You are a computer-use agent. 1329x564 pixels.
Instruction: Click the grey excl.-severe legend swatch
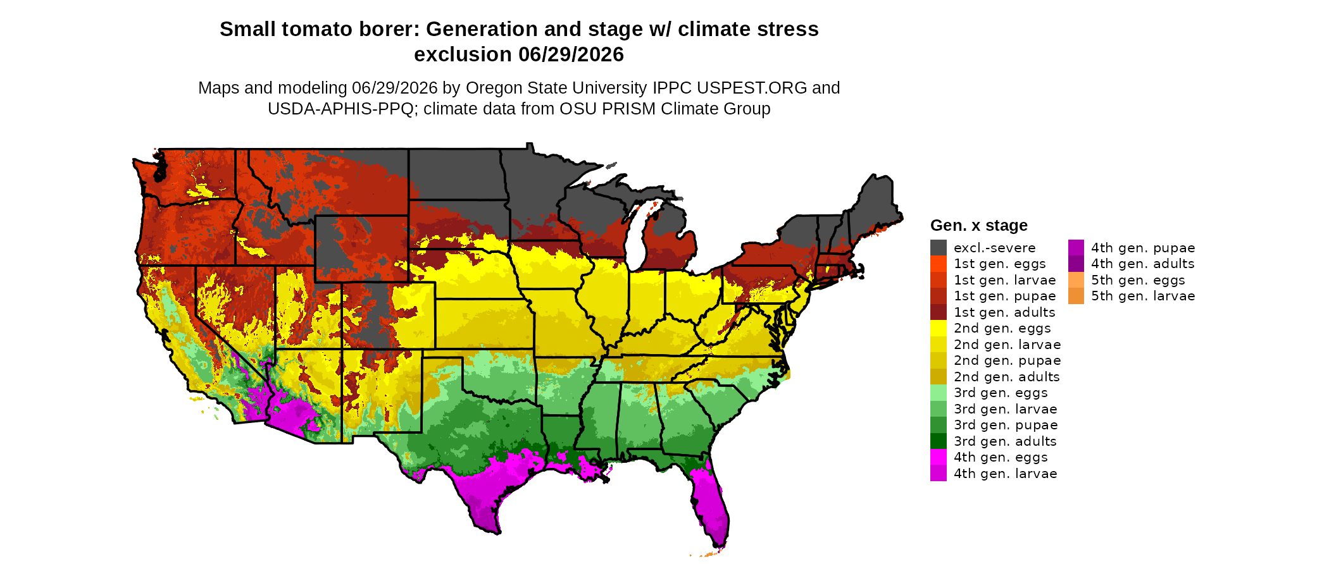939,248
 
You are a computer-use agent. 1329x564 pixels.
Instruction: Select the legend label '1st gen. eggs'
1000,264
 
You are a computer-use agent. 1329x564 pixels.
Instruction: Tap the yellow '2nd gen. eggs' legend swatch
939,328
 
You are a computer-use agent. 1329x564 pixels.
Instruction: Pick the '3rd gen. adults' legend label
1005,441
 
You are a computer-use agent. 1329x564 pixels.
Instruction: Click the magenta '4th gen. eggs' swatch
939,457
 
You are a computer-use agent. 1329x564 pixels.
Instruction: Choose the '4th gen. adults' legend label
1143,264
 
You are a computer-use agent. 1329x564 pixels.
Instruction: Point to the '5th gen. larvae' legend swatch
1076,296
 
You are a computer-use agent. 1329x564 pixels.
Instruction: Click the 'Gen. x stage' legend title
979,225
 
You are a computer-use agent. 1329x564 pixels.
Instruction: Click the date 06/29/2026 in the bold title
571,54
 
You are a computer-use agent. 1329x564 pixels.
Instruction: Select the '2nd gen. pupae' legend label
1008,360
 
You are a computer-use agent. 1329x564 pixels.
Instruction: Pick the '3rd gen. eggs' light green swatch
939,393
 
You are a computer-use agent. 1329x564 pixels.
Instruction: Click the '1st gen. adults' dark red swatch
939,312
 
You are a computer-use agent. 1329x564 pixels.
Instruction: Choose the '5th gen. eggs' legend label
1138,280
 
